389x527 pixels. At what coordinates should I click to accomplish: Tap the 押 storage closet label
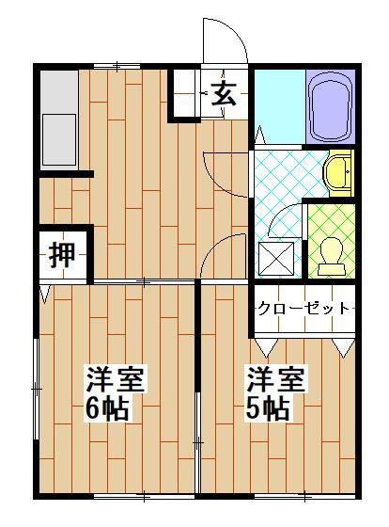click(x=62, y=253)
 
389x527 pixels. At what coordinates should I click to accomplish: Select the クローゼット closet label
click(x=303, y=308)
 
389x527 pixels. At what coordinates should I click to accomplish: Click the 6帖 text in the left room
click(x=106, y=410)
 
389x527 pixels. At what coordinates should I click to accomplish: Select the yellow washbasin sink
click(x=338, y=172)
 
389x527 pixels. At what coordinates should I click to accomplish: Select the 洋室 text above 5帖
click(x=274, y=380)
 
